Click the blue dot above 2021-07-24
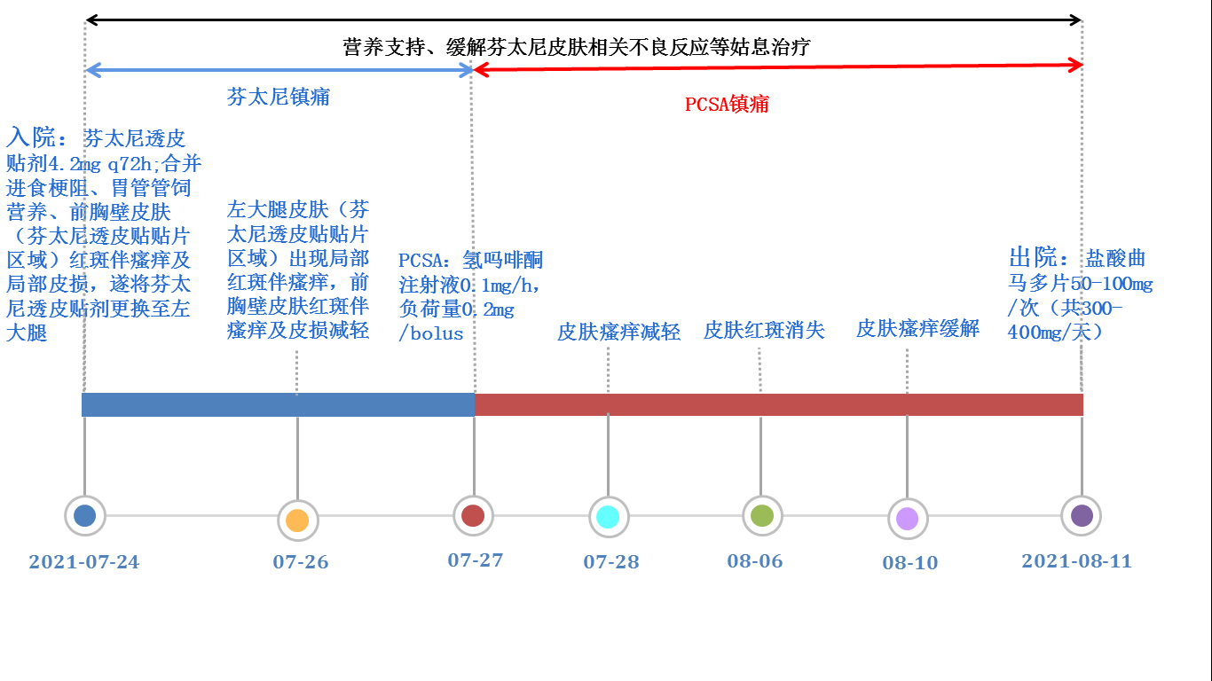pos(84,515)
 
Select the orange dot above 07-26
pos(297,521)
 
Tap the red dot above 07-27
pos(473,515)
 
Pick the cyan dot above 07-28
pos(608,517)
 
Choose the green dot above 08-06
pos(762,515)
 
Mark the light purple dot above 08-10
pos(908,519)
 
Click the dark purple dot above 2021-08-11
pos(1082,515)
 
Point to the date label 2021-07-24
pos(84,562)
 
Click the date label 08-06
pos(755,561)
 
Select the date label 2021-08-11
pos(1077,561)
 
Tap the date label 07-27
pos(475,560)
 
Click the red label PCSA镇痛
pos(727,104)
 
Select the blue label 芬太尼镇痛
pos(278,97)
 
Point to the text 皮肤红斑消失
pos(764,330)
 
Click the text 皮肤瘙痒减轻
pos(618,332)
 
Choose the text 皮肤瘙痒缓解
pos(917,328)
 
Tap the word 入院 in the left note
pos(30,137)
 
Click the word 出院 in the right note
pos(1033,257)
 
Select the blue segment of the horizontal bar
pos(278,404)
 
